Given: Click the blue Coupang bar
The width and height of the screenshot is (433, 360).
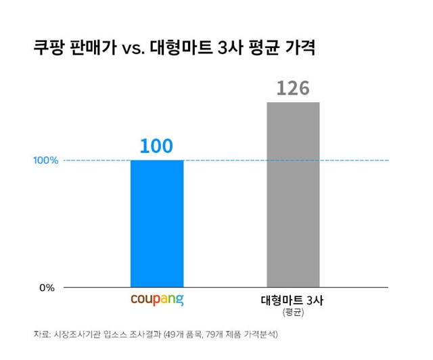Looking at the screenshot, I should pyautogui.click(x=157, y=223).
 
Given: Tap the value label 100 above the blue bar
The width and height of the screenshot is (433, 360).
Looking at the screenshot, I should pyautogui.click(x=157, y=145).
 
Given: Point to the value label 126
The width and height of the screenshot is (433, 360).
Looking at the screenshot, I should pyautogui.click(x=293, y=89).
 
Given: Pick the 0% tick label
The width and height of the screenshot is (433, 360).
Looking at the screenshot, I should pyautogui.click(x=46, y=288).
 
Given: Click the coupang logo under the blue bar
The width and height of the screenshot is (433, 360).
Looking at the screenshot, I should pyautogui.click(x=157, y=299).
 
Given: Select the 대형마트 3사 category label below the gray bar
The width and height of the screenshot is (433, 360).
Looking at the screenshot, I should pyautogui.click(x=292, y=300).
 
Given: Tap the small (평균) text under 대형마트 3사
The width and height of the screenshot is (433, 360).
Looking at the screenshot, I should pyautogui.click(x=292, y=313).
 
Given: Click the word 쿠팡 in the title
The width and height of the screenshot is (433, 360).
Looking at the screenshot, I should pyautogui.click(x=49, y=49).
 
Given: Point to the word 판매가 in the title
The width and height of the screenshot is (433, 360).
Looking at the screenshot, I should pyautogui.click(x=95, y=49).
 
